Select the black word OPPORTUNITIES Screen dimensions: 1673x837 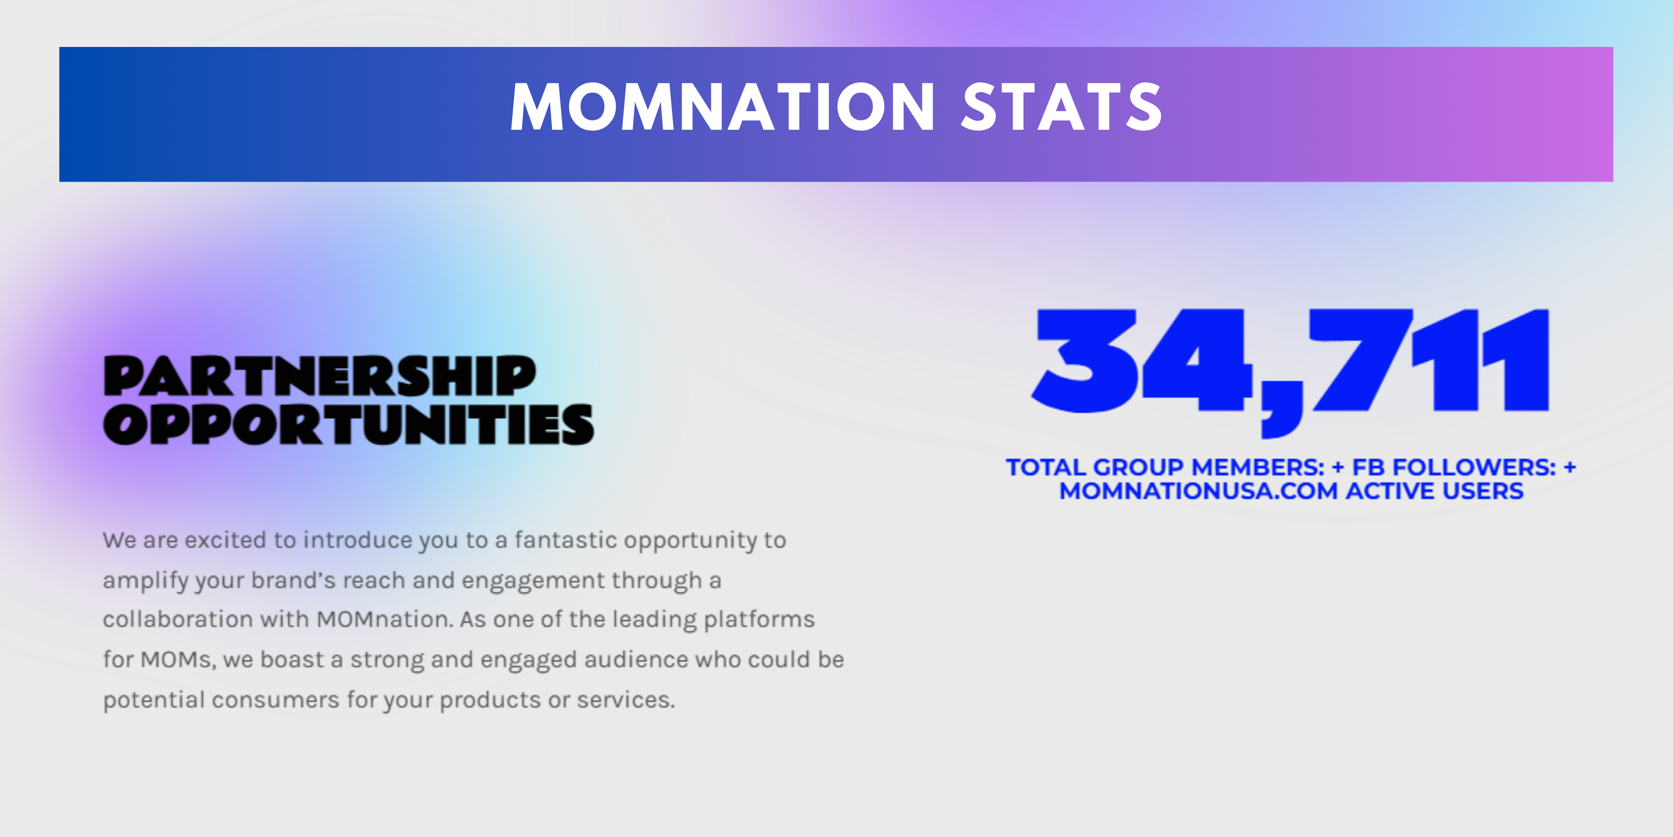349,424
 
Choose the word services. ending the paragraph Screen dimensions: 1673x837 626,700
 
